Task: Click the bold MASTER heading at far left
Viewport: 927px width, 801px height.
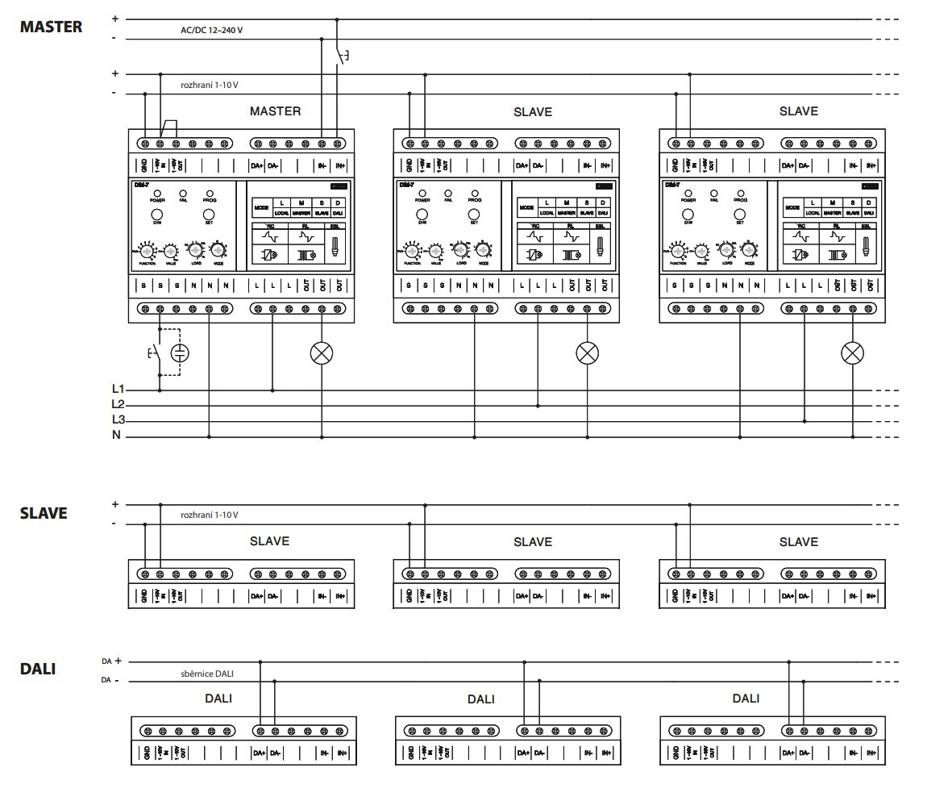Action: [51, 27]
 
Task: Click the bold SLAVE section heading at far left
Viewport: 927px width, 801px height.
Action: [44, 513]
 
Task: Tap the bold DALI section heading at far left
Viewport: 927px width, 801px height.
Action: [38, 669]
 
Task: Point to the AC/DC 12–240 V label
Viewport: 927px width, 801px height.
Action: [211, 30]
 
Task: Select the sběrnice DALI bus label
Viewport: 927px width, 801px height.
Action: [207, 673]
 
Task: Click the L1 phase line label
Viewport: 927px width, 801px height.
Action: [118, 389]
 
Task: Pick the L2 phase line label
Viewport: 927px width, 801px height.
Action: [118, 404]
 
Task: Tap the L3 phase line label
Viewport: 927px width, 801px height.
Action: [118, 420]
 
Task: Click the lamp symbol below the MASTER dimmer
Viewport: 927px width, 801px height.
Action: [322, 353]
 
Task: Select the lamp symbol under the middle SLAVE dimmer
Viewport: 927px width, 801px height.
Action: [587, 353]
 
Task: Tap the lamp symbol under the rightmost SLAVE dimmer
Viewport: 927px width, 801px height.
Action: [852, 353]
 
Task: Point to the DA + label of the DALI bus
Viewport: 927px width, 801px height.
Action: [111, 661]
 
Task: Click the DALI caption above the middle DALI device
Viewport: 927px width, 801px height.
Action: [480, 699]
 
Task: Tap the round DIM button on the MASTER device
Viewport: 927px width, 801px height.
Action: [157, 215]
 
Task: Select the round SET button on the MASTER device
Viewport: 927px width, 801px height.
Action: [209, 215]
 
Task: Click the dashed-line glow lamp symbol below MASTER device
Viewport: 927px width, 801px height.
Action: [181, 353]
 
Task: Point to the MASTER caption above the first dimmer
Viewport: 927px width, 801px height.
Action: [275, 111]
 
